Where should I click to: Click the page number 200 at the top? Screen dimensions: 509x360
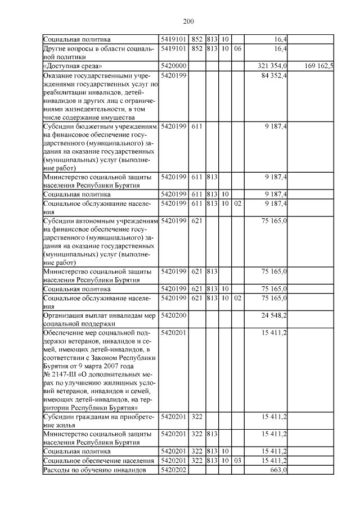(188, 21)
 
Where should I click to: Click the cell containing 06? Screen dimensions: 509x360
(237, 48)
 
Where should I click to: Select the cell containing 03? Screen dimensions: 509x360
(237, 460)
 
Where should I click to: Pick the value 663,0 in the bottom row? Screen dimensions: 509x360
(278, 469)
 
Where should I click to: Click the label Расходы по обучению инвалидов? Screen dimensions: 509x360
(94, 469)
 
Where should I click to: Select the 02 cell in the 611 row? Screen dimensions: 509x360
(237, 202)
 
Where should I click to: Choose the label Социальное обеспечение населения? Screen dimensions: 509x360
(98, 460)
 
